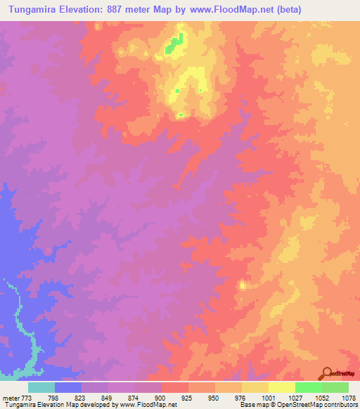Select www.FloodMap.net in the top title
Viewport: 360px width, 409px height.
click(226, 11)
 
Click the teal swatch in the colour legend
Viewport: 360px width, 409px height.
click(41, 387)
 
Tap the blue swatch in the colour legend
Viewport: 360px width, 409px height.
click(68, 387)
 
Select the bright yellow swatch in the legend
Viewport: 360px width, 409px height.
click(282, 387)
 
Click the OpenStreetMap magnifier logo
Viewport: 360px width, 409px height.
click(328, 372)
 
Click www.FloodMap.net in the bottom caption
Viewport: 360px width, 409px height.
click(147, 405)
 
